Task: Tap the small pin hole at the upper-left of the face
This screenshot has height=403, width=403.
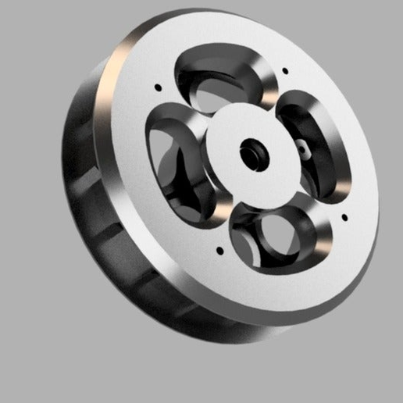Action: [x=158, y=87]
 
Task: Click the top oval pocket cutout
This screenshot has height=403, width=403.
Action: [x=223, y=78]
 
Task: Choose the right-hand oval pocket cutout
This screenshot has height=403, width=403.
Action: [x=312, y=144]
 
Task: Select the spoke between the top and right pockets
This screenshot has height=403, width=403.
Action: [x=273, y=98]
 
